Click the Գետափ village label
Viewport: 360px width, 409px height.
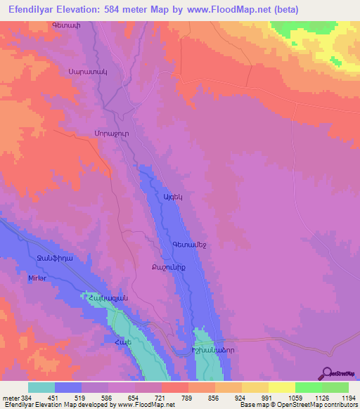64,26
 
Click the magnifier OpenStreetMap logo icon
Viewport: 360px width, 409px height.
326,372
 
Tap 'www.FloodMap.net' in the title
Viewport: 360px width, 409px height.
220,9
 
